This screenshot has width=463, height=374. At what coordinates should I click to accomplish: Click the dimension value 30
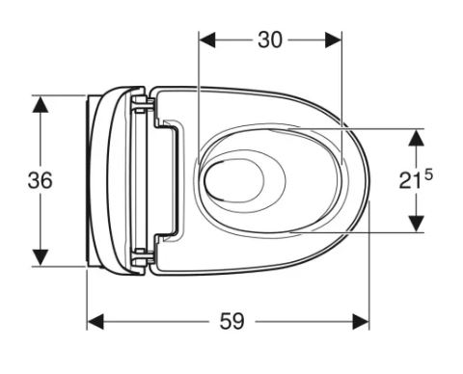pyautogui.click(x=270, y=40)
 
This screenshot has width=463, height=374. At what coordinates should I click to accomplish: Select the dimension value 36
pyautogui.click(x=40, y=180)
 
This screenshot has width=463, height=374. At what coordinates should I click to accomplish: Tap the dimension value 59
pyautogui.click(x=231, y=321)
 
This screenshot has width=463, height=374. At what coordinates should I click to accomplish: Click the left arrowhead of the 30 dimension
pyautogui.click(x=207, y=40)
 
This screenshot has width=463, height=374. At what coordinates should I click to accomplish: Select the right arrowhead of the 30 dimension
pyautogui.click(x=333, y=40)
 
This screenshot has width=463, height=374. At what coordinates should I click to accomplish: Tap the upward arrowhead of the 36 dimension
pyautogui.click(x=41, y=104)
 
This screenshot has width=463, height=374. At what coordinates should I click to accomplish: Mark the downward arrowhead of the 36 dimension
pyautogui.click(x=41, y=257)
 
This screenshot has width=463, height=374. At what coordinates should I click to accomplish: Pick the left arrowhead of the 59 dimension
pyautogui.click(x=95, y=322)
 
